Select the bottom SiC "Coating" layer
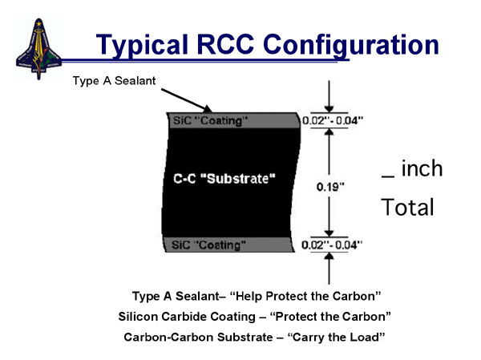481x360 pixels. click(x=228, y=243)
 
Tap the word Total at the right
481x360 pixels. click(x=407, y=208)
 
